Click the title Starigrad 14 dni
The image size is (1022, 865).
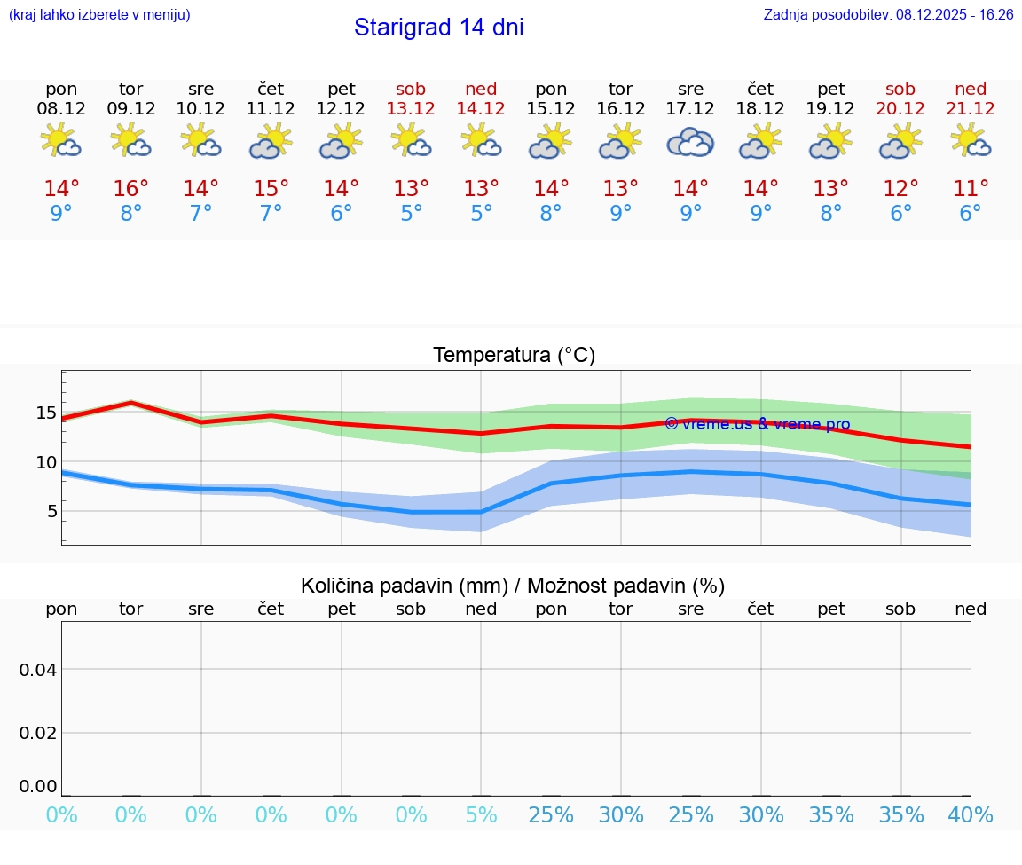click(x=438, y=28)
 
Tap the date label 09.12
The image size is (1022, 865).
click(x=131, y=109)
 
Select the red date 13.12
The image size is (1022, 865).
click(x=411, y=109)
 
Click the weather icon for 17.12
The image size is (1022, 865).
click(x=690, y=142)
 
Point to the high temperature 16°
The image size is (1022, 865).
click(x=131, y=189)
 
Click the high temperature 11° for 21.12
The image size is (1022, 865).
click(x=971, y=189)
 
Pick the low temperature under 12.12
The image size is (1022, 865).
click(x=341, y=214)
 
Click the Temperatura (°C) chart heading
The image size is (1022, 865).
click(x=514, y=356)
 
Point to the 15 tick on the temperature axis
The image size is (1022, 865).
click(x=46, y=413)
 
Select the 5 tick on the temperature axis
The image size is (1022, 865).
click(x=51, y=511)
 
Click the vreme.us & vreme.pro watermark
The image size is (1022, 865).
click(x=757, y=424)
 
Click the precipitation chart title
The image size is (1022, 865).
click(x=513, y=586)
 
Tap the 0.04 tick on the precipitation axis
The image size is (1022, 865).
click(x=38, y=670)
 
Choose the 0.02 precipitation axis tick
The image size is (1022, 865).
click(x=38, y=733)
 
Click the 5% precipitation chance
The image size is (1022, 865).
click(x=481, y=815)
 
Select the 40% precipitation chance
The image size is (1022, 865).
click(x=970, y=815)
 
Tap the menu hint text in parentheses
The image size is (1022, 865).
click(x=99, y=15)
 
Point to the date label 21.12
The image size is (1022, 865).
click(x=971, y=109)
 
